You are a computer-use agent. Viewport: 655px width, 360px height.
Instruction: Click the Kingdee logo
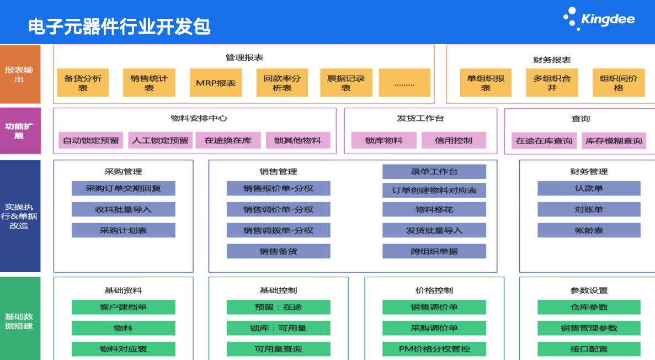coord(599,19)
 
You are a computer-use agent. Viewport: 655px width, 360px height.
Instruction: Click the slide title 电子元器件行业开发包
coord(119,27)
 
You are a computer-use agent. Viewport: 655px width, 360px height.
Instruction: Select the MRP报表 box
coord(216,83)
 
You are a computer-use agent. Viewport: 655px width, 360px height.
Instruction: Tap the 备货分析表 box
coord(83,83)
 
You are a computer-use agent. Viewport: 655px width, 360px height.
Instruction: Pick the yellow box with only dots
coord(404,83)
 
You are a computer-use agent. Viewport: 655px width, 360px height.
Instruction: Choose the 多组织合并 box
coord(552,83)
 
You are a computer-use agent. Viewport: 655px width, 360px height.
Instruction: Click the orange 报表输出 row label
coord(20,74)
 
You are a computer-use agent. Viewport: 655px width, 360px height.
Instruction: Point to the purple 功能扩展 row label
coord(20,131)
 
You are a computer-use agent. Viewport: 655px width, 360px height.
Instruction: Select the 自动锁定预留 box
coord(90,140)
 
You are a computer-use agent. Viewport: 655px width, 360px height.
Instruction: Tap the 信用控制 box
coord(454,140)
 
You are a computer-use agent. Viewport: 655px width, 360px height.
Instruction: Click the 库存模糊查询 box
coord(614,141)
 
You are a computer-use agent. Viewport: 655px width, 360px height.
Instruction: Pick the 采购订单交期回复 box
coord(123,189)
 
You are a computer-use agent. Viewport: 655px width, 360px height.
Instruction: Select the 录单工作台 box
coord(434,171)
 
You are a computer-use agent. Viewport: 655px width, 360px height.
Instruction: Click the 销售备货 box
coord(278,251)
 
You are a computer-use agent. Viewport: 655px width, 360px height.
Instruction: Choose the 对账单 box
coord(589,209)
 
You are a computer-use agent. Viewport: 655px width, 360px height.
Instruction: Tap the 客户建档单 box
coord(123,308)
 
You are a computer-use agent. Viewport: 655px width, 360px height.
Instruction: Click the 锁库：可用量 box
coord(278,328)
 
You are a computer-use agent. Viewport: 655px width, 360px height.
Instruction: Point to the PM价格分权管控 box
coord(434,349)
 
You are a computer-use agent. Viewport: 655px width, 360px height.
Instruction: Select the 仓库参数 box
coord(589,308)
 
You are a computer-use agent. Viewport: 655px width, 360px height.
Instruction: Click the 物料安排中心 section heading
coord(199,118)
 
